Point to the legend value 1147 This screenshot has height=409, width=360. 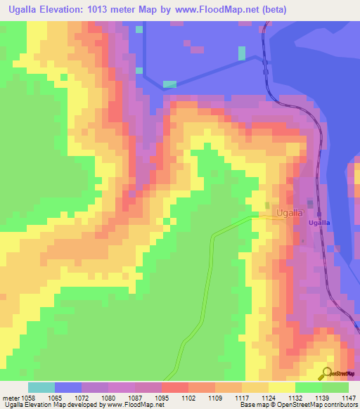(349, 397)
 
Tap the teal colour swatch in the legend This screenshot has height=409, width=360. (41, 387)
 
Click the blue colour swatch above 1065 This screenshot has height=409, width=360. (68, 387)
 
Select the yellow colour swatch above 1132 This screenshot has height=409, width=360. (282, 387)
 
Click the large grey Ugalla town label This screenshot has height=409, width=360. (290, 212)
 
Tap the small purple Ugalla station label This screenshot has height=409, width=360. (319, 223)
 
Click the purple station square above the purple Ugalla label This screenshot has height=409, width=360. (319, 214)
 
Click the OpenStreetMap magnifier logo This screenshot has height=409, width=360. (327, 374)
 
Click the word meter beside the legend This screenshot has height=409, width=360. (12, 397)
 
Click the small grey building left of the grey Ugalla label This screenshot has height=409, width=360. (268, 207)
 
